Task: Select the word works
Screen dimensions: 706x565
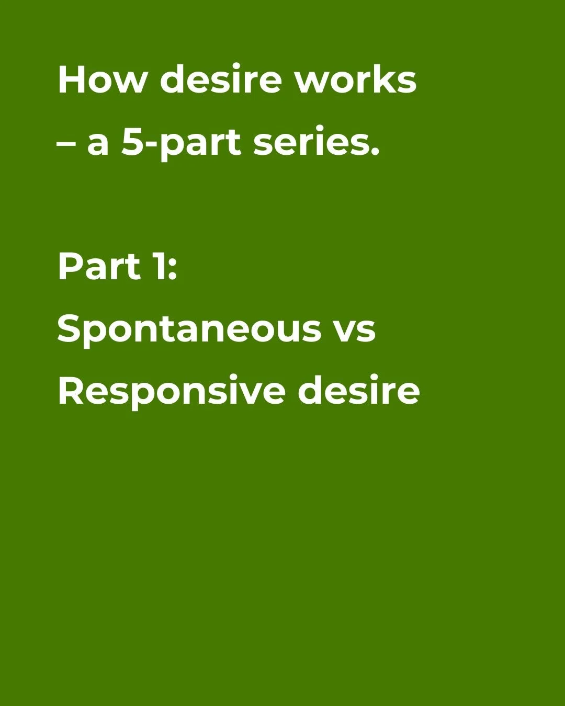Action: click(x=355, y=80)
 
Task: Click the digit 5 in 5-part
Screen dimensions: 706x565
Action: click(x=133, y=142)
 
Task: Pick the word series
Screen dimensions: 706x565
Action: click(x=312, y=142)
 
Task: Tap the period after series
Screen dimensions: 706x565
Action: click(x=374, y=152)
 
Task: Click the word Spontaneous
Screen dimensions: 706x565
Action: click(x=189, y=329)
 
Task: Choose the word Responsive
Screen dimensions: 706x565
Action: click(x=172, y=391)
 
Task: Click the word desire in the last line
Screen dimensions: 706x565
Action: click(x=359, y=391)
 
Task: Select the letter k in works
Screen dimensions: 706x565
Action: click(x=386, y=80)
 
